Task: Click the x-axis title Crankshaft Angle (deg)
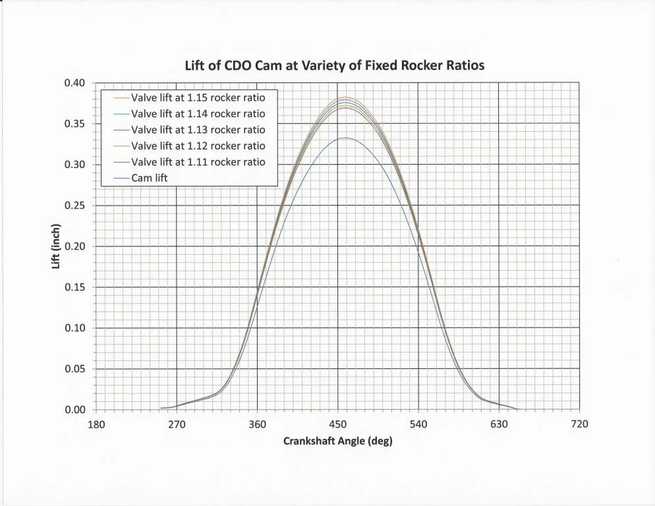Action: tap(337, 441)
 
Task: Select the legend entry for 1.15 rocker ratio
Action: tap(198, 97)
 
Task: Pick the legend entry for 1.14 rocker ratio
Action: tap(198, 113)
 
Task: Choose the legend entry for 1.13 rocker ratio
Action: tap(198, 129)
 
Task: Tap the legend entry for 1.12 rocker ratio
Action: tap(198, 146)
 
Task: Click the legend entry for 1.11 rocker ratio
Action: tap(198, 161)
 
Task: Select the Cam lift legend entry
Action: tap(150, 178)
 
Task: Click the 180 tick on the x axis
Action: tap(96, 424)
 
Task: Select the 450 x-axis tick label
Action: tap(337, 424)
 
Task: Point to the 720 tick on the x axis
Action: tap(579, 424)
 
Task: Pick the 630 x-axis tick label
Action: tap(499, 424)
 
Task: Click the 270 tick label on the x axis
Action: tap(177, 424)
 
